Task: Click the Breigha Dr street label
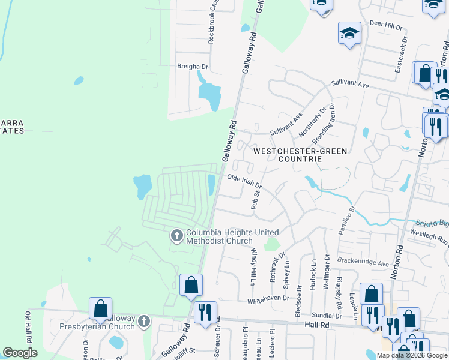coord(192,67)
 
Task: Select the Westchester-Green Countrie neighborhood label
coord(300,155)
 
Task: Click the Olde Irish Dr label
coord(244,180)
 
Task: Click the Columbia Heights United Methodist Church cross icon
coord(177,236)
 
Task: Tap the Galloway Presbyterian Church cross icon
coord(143,322)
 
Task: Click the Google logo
coord(20,353)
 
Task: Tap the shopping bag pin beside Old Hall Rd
coord(101,308)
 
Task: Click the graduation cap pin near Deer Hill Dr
coord(349,34)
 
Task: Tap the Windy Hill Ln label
coord(254,264)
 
